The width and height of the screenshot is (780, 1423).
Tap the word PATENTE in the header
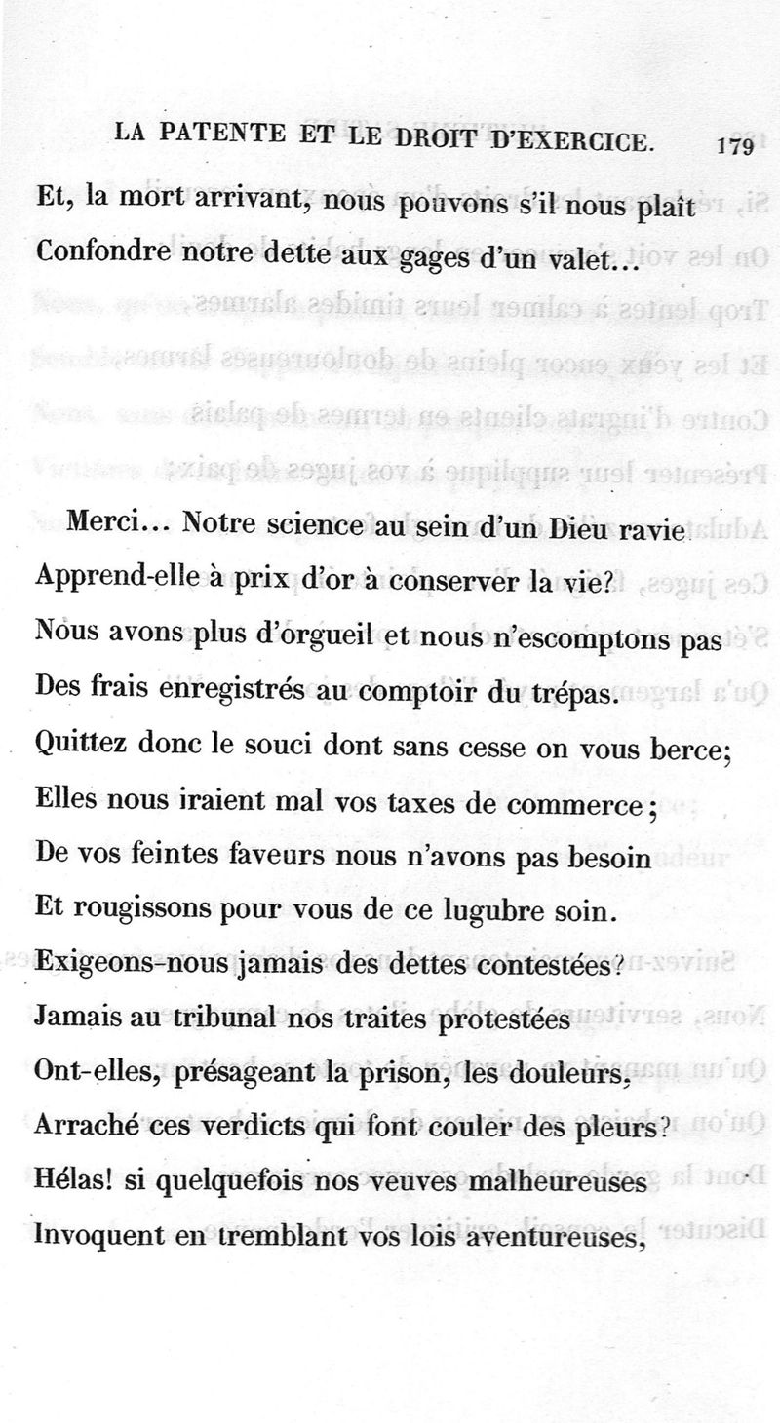(230, 137)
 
